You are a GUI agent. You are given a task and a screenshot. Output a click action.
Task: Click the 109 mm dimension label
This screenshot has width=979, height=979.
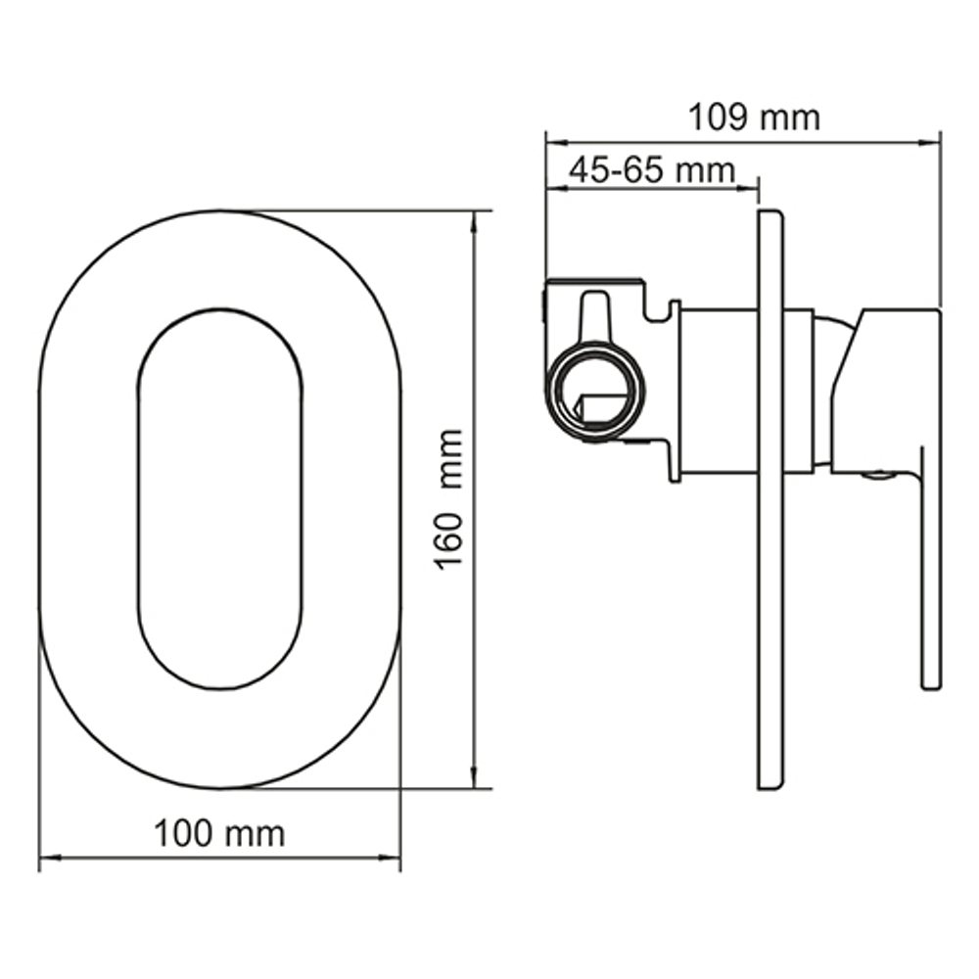pyautogui.click(x=753, y=118)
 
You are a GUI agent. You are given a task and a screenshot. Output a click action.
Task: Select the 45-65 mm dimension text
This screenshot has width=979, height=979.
pyautogui.click(x=651, y=169)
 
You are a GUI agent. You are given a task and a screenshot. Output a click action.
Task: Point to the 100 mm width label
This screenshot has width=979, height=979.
pyautogui.click(x=219, y=834)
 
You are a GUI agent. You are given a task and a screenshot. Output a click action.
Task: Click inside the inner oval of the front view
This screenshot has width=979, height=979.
pyautogui.click(x=219, y=498)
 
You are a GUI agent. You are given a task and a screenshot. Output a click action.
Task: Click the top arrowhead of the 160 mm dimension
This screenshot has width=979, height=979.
pyautogui.click(x=475, y=219)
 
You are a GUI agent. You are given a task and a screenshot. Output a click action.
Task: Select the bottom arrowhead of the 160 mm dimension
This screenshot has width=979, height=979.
pyautogui.click(x=475, y=780)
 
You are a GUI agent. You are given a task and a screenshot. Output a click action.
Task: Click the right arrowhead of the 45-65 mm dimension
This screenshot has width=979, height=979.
pyautogui.click(x=752, y=185)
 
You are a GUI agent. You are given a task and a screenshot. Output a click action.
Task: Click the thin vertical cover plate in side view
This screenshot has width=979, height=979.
pyautogui.click(x=770, y=499)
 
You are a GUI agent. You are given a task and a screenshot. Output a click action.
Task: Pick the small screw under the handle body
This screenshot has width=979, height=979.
pyautogui.click(x=877, y=477)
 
